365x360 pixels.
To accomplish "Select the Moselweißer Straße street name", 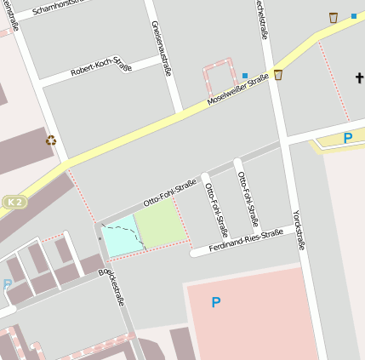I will [237, 90].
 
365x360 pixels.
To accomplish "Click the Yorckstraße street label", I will [298, 230].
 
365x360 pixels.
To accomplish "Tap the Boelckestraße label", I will [111, 288].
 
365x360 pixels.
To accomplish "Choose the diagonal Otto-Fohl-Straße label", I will [170, 192].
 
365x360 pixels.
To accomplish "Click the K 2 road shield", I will [14, 201].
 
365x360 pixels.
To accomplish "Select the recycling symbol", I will [51, 140].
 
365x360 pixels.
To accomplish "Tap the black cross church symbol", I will [358, 78].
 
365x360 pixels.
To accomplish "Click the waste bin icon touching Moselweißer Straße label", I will [278, 75].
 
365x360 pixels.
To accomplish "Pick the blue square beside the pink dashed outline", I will [245, 76].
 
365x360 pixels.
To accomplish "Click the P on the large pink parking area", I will [215, 301].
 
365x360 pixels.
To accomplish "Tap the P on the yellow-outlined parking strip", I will [347, 137].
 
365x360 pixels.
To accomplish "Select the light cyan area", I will [119, 235].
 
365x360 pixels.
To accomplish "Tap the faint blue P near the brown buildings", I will [7, 285].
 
